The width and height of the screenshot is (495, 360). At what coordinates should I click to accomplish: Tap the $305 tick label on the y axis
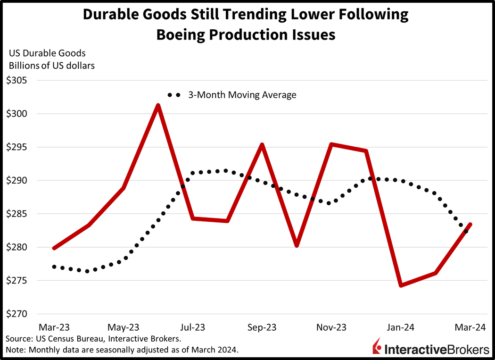tap(17, 80)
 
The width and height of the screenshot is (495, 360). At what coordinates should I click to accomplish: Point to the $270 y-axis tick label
tap(17, 314)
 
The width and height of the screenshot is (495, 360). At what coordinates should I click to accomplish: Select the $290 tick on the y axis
tap(17, 180)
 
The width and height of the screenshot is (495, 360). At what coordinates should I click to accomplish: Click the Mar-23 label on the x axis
tap(54, 327)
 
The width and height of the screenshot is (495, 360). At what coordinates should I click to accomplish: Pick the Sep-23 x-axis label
tap(262, 327)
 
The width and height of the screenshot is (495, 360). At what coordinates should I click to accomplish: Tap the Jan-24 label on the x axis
tap(400, 327)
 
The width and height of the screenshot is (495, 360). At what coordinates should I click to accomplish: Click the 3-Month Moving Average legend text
tap(242, 95)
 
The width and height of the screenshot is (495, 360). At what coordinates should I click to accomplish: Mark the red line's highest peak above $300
tap(158, 105)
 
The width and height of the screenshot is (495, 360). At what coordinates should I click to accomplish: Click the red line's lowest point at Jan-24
tap(401, 285)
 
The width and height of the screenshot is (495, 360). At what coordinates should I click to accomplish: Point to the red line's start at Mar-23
tap(54, 248)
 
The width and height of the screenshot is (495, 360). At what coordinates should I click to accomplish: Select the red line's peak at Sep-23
tap(262, 144)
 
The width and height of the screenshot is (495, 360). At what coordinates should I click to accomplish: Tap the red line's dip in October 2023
tap(297, 245)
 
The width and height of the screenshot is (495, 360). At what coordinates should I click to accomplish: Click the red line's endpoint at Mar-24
tap(470, 225)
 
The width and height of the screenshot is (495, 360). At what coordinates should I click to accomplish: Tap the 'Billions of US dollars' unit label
tap(52, 66)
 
